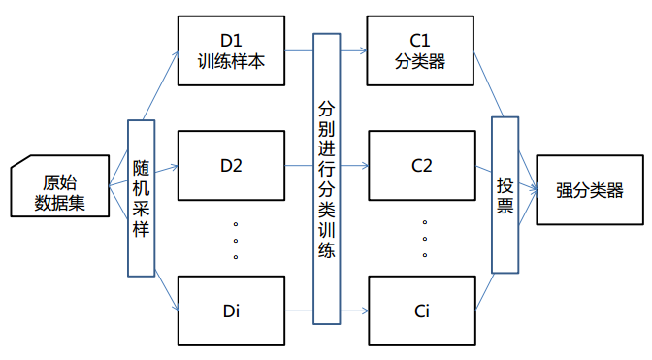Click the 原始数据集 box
pos(57,188)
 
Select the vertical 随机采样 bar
pos(142,198)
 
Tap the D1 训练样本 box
pos(230,50)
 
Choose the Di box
pos(230,311)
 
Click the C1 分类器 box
pos(420,50)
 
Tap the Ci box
pos(420,311)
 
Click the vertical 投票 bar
pos(505,194)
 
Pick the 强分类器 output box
pos(589,189)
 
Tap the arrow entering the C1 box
pos(354,51)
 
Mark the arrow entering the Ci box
pos(354,311)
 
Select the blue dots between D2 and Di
pos(236,241)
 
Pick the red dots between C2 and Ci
pos(425,239)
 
